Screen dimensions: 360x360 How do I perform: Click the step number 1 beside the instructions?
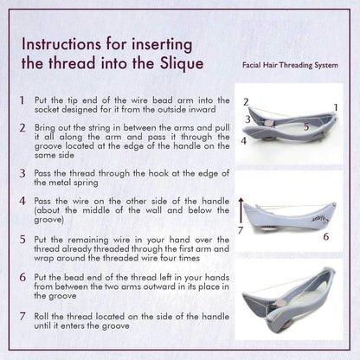(x=21, y=100)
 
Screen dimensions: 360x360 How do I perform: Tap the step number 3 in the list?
(x=21, y=173)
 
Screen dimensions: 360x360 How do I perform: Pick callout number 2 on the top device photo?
(x=246, y=102)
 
